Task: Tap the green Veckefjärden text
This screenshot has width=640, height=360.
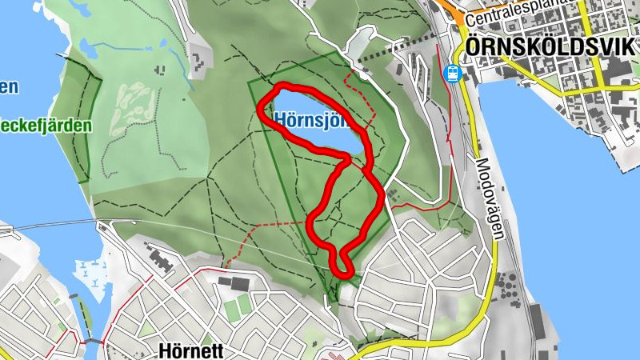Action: (x=45, y=126)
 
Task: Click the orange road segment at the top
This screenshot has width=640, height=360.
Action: (x=453, y=10)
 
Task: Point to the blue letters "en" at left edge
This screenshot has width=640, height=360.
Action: (x=8, y=86)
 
